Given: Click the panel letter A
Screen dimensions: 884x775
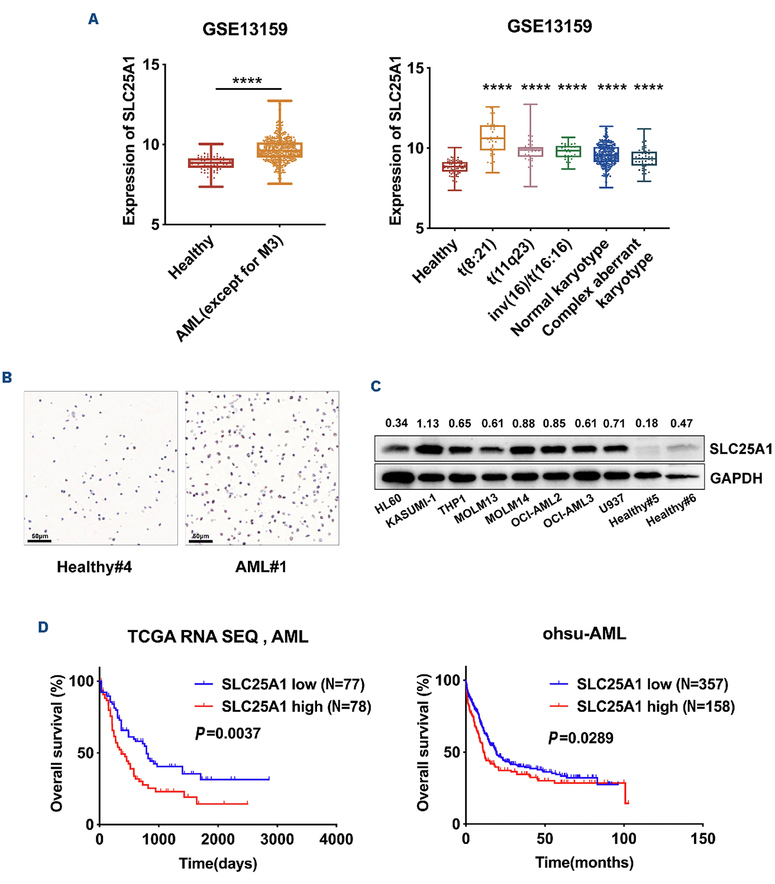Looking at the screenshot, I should point(93,20).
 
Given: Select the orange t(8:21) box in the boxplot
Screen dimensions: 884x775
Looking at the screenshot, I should point(492,138).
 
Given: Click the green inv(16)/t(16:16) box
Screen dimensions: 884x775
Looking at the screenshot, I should point(568,151).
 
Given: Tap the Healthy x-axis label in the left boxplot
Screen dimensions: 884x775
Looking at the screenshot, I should point(191,257).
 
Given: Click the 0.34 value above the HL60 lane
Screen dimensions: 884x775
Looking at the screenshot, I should point(396,423).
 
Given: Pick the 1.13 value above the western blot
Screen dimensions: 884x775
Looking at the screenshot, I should point(428,423).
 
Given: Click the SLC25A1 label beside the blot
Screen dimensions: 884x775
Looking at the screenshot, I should point(741,449).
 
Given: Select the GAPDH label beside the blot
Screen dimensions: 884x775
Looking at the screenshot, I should point(736,478).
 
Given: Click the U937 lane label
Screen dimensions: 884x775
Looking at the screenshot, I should point(611,504).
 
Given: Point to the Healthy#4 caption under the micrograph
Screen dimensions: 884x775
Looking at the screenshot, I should point(94,567).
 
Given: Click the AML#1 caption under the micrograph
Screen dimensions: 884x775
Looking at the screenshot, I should point(261,567).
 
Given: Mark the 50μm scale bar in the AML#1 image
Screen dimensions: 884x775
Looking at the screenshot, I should point(201,538).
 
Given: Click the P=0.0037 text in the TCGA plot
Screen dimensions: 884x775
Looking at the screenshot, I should point(228,734).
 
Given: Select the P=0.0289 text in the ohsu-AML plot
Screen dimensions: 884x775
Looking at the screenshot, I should point(580,738).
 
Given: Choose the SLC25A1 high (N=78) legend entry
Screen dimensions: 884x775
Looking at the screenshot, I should point(296,706).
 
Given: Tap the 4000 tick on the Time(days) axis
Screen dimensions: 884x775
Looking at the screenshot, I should point(336,839).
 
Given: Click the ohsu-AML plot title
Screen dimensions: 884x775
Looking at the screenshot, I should point(584,634).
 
